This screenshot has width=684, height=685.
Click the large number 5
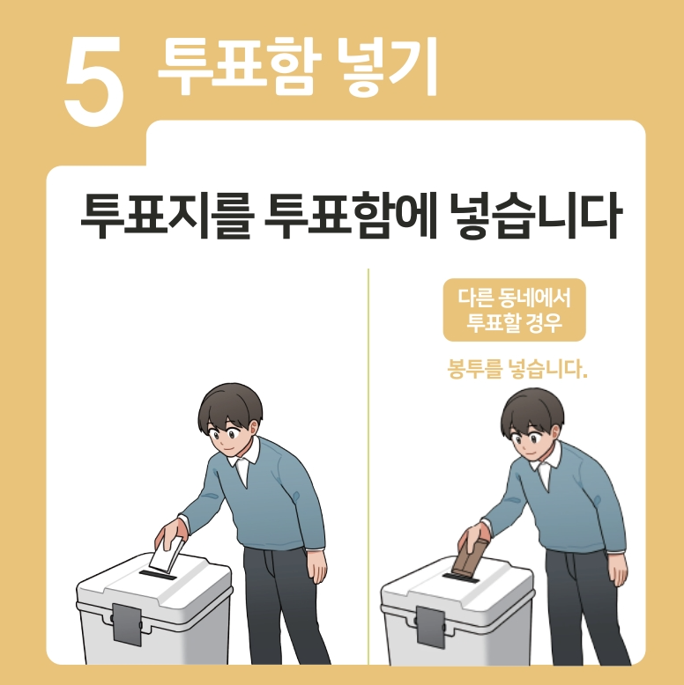(x=94, y=81)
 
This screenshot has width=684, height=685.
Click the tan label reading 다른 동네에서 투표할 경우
(x=514, y=310)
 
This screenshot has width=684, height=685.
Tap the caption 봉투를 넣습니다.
(x=517, y=370)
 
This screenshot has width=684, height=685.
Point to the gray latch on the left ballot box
(x=127, y=624)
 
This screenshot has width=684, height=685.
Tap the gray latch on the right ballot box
(x=431, y=627)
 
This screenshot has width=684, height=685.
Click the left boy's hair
(x=230, y=406)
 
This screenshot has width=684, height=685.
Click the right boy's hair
(x=532, y=410)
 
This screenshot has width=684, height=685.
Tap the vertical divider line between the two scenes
(x=368, y=467)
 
